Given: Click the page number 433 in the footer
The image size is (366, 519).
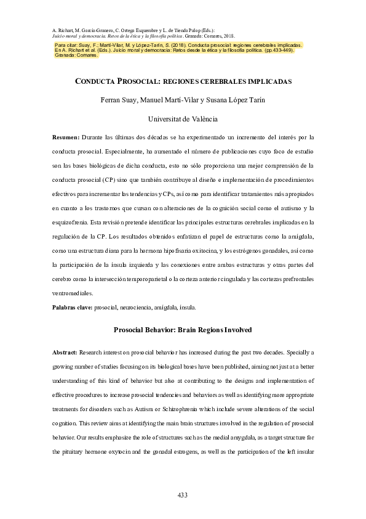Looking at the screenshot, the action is coord(182,495).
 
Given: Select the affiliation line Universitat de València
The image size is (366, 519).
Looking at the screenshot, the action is coord(182,120).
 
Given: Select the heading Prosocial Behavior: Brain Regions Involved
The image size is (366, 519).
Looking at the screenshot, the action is coord(183,330).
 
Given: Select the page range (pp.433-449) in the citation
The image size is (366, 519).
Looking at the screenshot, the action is coord(274,51).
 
